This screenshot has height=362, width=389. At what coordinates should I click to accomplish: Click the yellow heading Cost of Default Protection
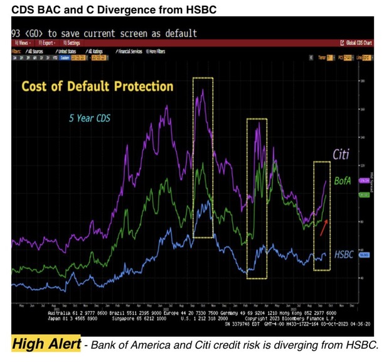coord(98,86)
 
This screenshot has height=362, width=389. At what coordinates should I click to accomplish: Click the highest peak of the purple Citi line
coord(203,90)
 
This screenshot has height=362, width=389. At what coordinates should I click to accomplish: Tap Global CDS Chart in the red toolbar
coord(360,42)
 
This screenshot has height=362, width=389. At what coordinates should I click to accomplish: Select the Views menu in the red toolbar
coord(21,42)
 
